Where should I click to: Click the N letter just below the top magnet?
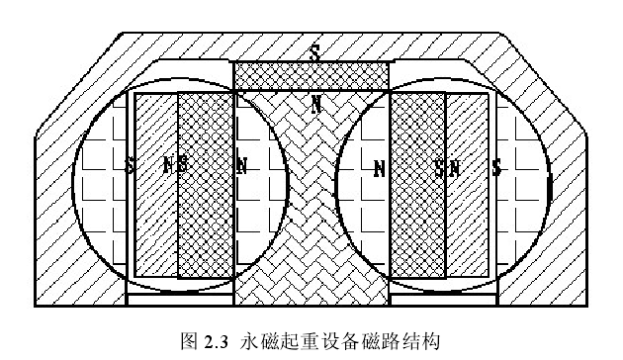pos(315,103)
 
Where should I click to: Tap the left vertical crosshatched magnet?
pos(205,185)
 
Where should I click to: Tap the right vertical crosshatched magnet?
pos(418,185)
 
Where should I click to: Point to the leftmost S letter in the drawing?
pos(131,165)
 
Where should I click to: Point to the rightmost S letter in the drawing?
pos(495,168)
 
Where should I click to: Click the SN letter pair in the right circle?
pos(447,168)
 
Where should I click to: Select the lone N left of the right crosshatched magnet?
pos(379,169)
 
